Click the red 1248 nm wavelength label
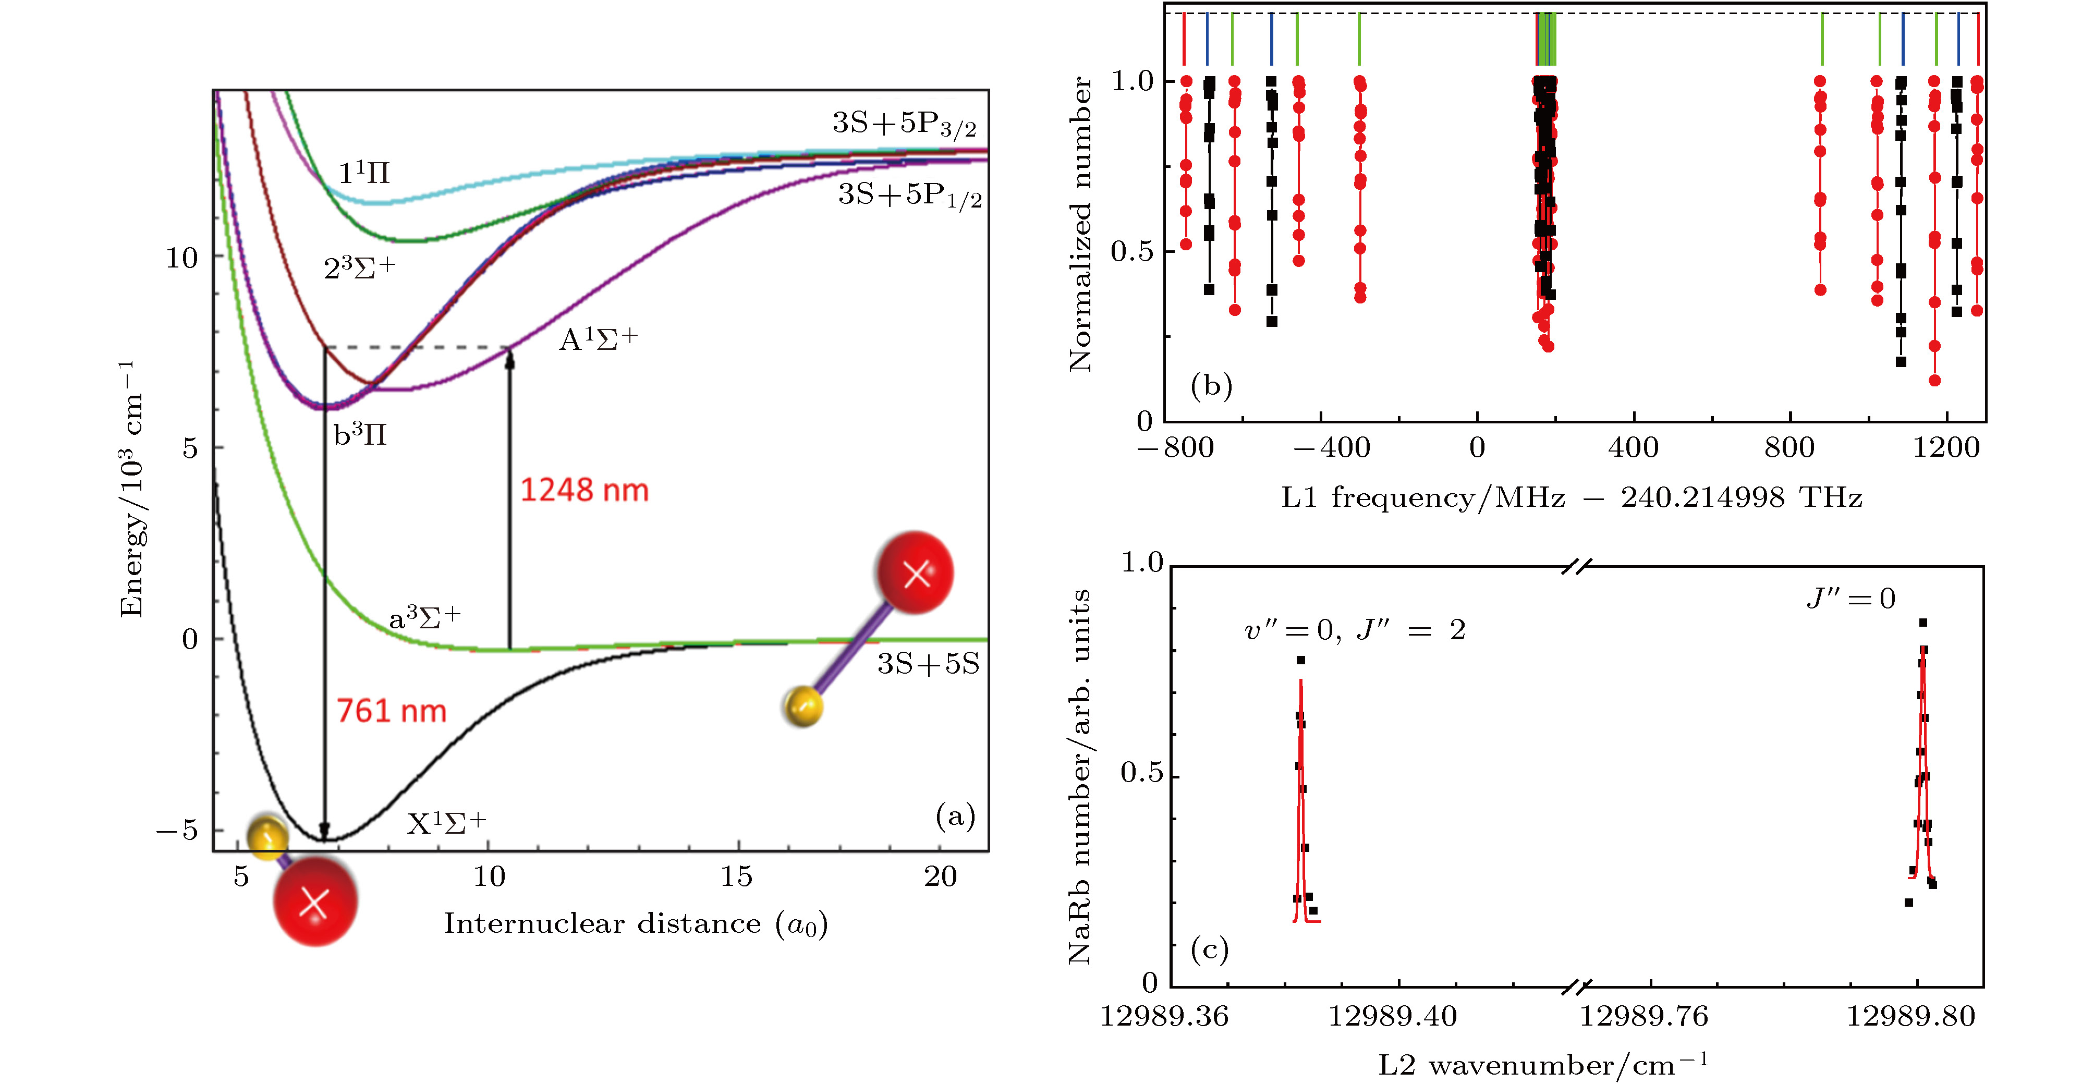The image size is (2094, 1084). (583, 490)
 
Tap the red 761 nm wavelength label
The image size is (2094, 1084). (391, 711)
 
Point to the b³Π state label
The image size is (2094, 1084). (359, 435)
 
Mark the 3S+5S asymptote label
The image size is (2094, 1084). (928, 664)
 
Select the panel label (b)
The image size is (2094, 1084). (1210, 385)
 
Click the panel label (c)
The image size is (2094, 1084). (1209, 948)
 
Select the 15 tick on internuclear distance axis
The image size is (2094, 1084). (736, 876)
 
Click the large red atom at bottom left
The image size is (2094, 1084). (314, 903)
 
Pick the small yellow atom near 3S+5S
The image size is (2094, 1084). (803, 705)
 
